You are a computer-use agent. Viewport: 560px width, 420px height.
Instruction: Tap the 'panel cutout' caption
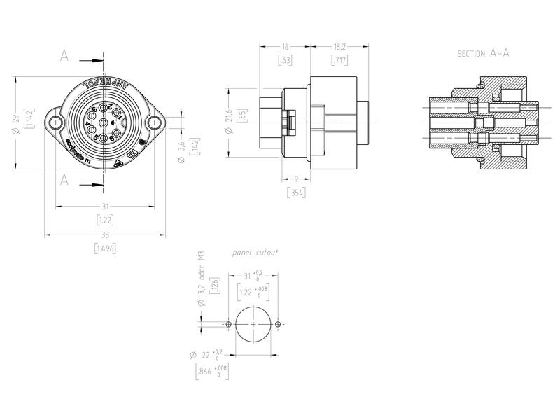(255, 252)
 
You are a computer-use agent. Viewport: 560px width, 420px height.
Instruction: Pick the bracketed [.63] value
(284, 60)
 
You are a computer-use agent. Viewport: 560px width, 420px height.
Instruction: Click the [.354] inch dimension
(296, 193)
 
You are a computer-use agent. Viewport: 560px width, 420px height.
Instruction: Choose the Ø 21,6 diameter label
(228, 125)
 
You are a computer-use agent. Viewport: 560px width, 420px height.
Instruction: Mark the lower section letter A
(64, 179)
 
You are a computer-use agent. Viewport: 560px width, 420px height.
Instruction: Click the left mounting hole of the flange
(54, 123)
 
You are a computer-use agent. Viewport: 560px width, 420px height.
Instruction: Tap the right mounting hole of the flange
(153, 123)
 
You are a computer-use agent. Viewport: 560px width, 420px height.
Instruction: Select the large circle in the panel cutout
(253, 325)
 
